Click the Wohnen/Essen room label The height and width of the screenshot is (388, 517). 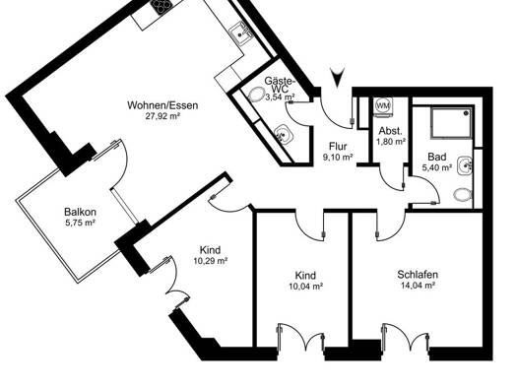(x=162, y=105)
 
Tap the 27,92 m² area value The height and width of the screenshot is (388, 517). (x=162, y=116)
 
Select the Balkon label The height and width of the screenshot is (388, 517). (x=80, y=212)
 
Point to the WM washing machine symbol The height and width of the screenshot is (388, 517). (x=382, y=106)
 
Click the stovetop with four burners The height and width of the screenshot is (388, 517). (x=162, y=7)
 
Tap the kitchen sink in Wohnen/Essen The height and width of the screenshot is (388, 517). (x=239, y=32)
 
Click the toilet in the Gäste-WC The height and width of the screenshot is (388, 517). (x=256, y=95)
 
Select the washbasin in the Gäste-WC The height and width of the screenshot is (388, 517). (x=284, y=135)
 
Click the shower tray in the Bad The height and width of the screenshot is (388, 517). (x=451, y=122)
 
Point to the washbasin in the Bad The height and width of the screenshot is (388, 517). (x=466, y=165)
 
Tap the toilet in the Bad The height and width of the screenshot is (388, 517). (x=463, y=195)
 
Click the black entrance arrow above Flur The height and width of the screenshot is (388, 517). (x=338, y=78)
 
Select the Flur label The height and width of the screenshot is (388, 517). (x=338, y=147)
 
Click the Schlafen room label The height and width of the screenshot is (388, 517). (x=418, y=275)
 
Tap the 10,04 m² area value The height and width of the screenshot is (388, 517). (x=305, y=287)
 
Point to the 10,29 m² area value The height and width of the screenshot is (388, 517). (x=212, y=261)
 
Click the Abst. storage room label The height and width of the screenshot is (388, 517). (x=390, y=131)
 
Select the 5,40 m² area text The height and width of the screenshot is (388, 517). (x=437, y=167)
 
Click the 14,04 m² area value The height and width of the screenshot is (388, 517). (x=418, y=286)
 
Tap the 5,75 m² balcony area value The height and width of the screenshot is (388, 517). (x=81, y=223)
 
